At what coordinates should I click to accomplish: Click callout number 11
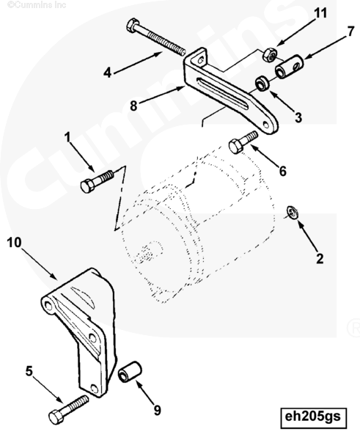point(320,13)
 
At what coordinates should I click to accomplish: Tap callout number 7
point(350,32)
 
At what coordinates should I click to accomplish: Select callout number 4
point(107,73)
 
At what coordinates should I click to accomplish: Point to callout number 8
point(133,106)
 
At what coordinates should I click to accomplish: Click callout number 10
point(15,242)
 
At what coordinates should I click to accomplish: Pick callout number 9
point(158,410)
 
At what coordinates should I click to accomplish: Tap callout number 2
point(320,258)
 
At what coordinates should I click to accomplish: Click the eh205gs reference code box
point(313,419)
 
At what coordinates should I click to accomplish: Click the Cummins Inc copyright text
point(37,4)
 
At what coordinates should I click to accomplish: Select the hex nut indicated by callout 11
point(270,55)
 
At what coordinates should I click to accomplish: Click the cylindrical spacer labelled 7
point(290,67)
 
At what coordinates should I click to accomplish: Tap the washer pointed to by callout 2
point(292,213)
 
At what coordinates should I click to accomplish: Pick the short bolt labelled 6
point(243,142)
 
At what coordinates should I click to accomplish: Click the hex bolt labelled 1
point(97,182)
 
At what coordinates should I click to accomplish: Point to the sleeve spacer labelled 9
point(130,372)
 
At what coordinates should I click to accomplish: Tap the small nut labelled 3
point(262,83)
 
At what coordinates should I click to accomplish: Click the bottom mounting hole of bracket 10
point(95,389)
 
